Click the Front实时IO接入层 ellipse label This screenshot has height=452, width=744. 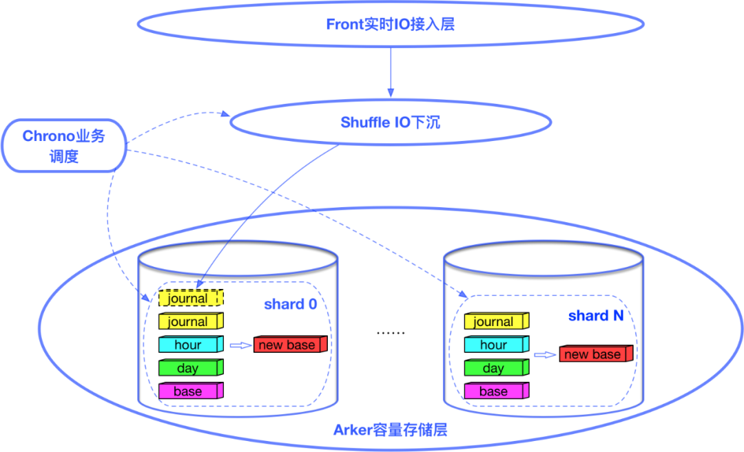(390, 25)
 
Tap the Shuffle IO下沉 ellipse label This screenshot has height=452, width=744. (390, 122)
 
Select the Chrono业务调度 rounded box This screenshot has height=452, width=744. (63, 146)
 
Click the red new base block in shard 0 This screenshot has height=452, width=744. (289, 345)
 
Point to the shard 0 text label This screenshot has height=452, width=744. (290, 304)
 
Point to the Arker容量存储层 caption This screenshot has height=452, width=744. (390, 431)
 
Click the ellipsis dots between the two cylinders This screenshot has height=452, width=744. (391, 333)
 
